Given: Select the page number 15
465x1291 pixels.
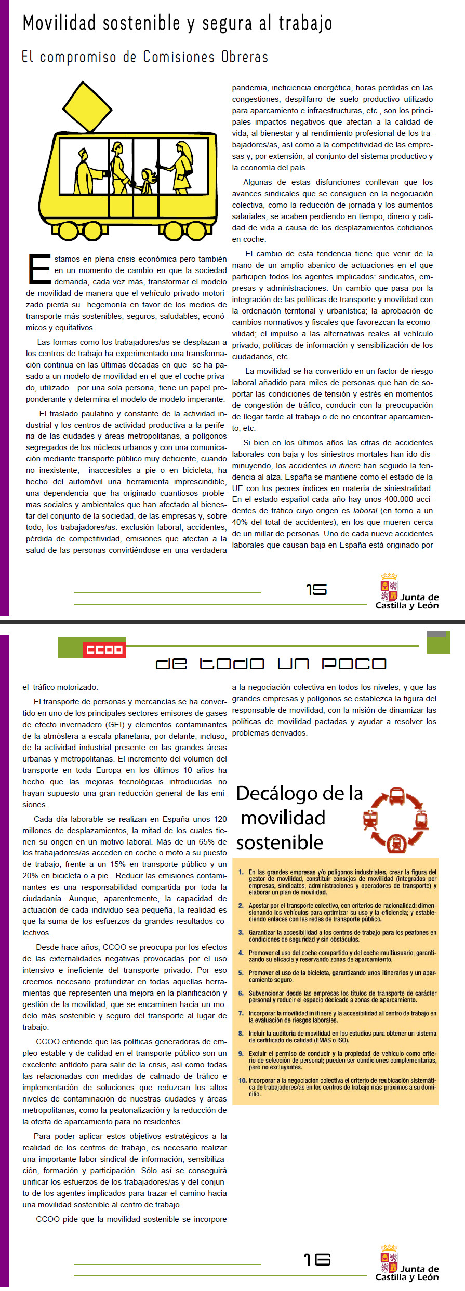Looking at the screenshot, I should pos(316,590).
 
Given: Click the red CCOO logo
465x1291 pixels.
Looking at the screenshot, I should pos(104,649).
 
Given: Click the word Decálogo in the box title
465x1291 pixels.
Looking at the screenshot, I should pos(277,794).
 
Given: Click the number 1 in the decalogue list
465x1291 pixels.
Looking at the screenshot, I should pos(241,872).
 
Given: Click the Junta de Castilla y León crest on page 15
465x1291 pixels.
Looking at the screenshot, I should pos(389,587).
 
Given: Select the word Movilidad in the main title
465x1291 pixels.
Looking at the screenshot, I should pos(59,23).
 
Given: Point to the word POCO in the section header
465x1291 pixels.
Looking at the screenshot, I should pos(354,663).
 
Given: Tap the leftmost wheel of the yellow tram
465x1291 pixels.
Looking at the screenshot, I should pos(66,230).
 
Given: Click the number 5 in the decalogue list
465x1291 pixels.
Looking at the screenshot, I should pos(241,973).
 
